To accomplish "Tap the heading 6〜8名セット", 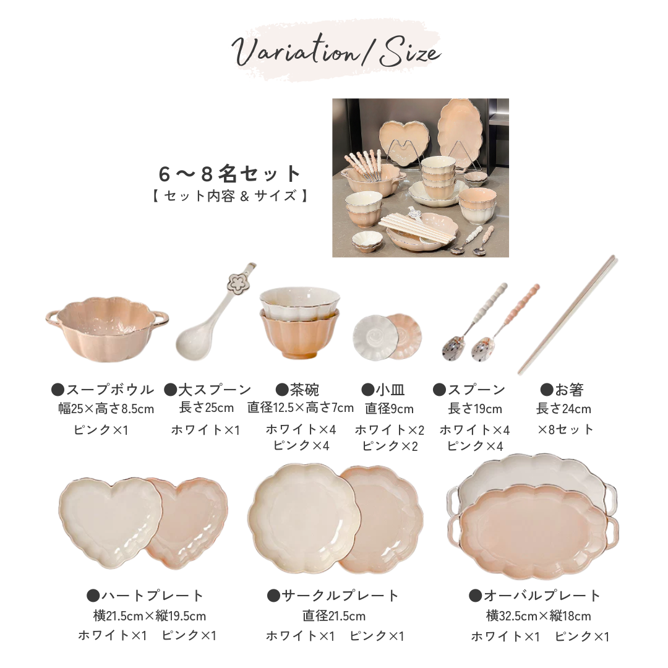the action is click(230, 174).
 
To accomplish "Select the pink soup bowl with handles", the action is click(107, 328).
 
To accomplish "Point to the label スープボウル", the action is click(103, 390).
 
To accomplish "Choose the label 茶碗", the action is click(298, 390).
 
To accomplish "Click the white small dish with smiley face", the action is click(373, 338).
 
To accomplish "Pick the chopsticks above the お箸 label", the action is click(567, 315).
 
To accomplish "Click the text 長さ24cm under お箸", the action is click(563, 409).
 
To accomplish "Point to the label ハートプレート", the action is click(145, 595).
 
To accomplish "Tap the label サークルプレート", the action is click(333, 595).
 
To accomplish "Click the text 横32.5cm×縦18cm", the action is click(539, 615).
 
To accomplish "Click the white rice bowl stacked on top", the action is click(300, 302).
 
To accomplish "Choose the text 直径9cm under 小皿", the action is click(390, 409).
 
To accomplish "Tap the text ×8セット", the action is click(565, 429).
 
